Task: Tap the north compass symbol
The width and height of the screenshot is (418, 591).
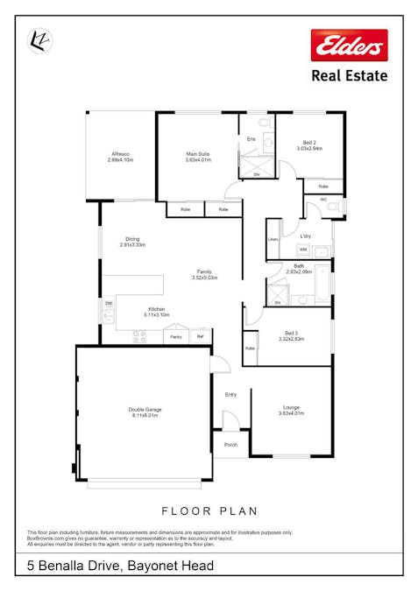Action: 39,40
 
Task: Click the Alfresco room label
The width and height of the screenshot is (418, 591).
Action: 119,154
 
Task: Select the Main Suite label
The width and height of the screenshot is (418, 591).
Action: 197,154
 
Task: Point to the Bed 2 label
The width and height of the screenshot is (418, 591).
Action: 309,143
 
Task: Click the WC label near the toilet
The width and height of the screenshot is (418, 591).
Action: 323,199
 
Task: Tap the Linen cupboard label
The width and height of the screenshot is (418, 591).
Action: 273,239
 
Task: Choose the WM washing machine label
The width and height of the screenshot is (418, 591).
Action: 290,250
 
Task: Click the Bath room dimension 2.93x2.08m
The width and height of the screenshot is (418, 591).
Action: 299,272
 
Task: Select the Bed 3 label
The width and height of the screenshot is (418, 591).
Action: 291,333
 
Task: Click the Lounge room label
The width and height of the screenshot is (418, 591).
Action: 291,407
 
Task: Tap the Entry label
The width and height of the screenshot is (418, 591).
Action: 230,394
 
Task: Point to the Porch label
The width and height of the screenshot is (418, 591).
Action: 230,445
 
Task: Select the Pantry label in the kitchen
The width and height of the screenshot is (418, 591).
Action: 175,336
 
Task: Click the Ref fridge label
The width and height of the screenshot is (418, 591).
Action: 200,336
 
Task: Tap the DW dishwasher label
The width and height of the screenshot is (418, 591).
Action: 109,304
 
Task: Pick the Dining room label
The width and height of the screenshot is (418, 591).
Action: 132,239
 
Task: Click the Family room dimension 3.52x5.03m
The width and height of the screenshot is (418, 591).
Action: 204,278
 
